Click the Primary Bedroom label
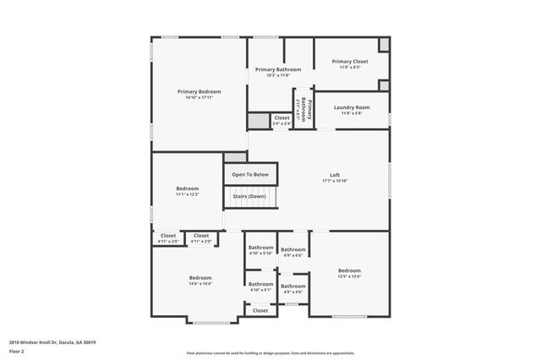point(199,91)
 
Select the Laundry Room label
point(352,107)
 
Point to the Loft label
point(335,175)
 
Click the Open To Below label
point(250,175)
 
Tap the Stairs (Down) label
point(250,196)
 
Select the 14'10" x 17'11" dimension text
point(199,97)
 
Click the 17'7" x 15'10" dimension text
point(335,181)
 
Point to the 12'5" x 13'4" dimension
point(350,275)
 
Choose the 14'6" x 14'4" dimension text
point(200,284)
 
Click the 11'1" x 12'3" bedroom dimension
point(187,195)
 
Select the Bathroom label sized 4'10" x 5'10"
point(260,248)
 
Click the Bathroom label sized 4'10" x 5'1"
point(260,284)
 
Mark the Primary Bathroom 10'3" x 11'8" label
point(278,69)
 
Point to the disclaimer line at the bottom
point(270,352)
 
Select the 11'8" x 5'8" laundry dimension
point(352,113)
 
